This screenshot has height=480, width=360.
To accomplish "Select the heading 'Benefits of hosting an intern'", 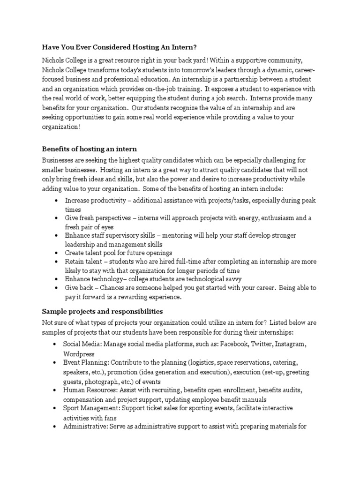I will click(90, 149).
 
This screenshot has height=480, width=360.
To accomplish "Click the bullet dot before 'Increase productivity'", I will click(56, 201).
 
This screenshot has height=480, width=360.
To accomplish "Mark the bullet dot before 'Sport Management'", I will click(56, 408).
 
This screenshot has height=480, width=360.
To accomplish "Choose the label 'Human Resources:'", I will click(89, 390).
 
